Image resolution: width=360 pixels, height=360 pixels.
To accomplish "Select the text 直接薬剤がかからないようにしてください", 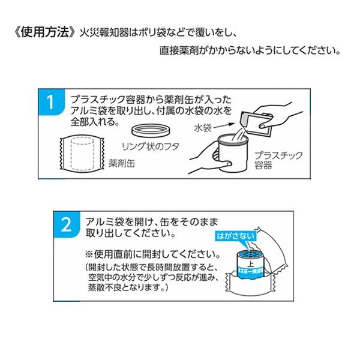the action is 244,52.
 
